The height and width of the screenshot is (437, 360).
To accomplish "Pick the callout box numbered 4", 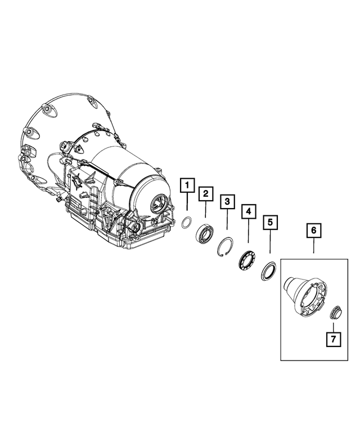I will [x=248, y=212].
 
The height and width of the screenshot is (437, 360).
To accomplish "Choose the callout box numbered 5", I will [x=270, y=222].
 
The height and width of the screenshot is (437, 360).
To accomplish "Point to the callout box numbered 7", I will [x=332, y=339].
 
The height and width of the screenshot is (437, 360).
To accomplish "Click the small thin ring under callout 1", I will [x=186, y=222].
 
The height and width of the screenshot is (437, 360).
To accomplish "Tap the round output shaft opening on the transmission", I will [x=159, y=203].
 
